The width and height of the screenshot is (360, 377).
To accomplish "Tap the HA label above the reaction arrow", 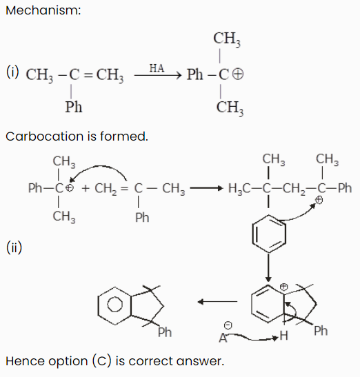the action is (x=157, y=68).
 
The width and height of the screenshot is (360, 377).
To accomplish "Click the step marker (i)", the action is (x=12, y=72).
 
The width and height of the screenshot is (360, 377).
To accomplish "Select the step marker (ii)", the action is (x=14, y=247).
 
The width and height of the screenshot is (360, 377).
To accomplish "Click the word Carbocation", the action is (x=45, y=136).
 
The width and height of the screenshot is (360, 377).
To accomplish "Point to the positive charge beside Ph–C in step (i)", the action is (x=238, y=74).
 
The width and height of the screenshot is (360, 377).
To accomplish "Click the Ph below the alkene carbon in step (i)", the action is (x=74, y=107).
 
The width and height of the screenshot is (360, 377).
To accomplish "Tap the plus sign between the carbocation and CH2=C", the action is (x=86, y=188).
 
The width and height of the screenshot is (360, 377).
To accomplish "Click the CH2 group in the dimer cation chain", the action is (x=294, y=188).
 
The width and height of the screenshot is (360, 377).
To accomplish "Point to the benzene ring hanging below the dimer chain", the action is (x=269, y=234).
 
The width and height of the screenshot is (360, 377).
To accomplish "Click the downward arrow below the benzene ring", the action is (x=268, y=267).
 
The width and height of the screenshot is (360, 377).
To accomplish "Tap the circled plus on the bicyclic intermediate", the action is (x=284, y=287).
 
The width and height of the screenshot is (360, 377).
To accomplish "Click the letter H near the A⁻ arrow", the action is (x=283, y=336).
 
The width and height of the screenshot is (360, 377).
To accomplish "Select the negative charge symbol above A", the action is (x=228, y=325).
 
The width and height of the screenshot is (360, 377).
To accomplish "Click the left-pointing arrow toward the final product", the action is (x=217, y=301).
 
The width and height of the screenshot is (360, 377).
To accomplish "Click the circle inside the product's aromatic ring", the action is (x=114, y=305).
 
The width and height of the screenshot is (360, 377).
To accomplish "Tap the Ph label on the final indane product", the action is (x=165, y=332).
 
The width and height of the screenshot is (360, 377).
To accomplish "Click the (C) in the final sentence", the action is (x=102, y=361).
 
